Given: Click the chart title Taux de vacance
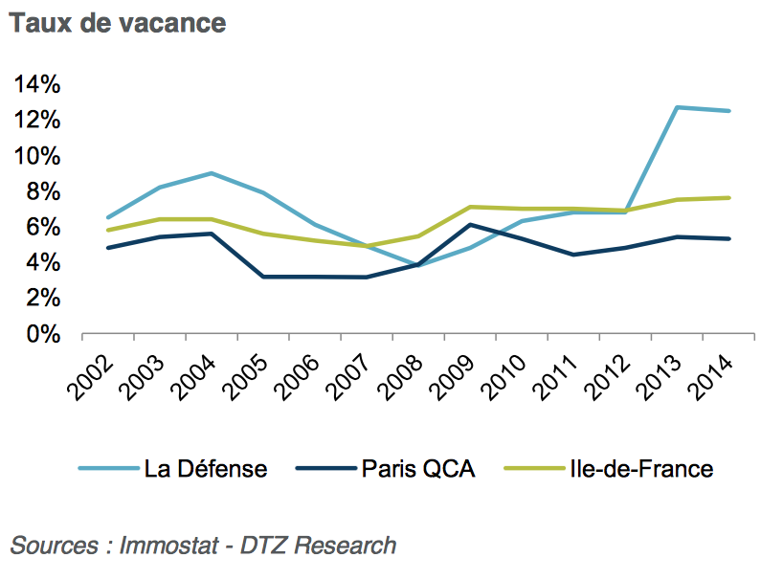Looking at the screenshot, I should tap(118, 23).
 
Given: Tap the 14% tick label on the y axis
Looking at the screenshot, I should tap(38, 84).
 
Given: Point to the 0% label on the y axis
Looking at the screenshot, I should tap(44, 335).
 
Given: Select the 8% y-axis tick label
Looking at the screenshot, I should tap(44, 191).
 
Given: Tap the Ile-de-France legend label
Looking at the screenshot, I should tap(640, 469).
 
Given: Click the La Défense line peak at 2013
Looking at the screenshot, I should tap(677, 107).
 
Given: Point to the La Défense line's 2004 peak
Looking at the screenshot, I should tap(211, 173).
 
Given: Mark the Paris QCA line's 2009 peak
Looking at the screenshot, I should tap(469, 225).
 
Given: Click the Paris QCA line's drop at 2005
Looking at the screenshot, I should tap(263, 277).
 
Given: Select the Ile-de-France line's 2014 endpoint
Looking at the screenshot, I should tap(729, 198).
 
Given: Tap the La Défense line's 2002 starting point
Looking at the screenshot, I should tap(108, 217).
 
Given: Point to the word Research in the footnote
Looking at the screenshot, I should tap(345, 546).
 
